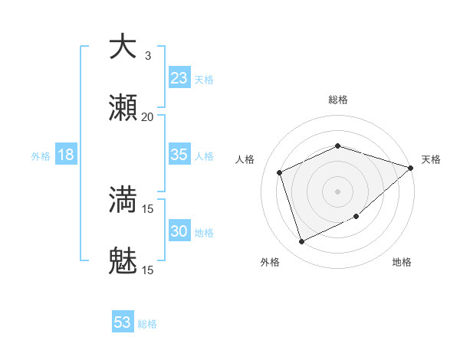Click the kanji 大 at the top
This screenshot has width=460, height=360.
(x=123, y=47)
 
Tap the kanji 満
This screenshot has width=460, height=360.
(x=123, y=200)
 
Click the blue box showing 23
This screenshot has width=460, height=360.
(x=179, y=78)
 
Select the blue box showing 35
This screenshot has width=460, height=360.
(x=179, y=155)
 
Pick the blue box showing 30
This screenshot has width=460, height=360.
(x=179, y=231)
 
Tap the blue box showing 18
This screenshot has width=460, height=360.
(x=66, y=155)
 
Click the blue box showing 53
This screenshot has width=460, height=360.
(x=123, y=322)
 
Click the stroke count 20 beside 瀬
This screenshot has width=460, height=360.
(x=147, y=117)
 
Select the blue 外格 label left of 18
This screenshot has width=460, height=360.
(x=41, y=155)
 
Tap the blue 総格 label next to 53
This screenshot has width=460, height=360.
(x=147, y=324)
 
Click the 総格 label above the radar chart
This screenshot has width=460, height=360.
(x=337, y=100)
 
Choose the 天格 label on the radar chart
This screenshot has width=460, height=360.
(x=431, y=159)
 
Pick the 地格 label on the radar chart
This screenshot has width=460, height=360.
(x=402, y=263)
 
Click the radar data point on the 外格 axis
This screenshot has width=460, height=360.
(x=302, y=242)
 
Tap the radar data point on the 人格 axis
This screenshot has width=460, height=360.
(x=280, y=172)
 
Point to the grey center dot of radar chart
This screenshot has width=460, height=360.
(x=337, y=191)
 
